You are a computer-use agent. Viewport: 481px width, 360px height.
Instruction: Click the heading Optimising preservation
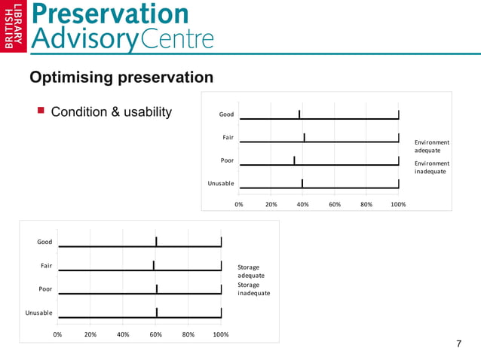click(x=121, y=78)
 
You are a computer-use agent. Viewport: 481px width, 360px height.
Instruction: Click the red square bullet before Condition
click(x=41, y=111)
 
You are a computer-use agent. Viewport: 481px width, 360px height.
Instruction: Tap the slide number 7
click(x=458, y=344)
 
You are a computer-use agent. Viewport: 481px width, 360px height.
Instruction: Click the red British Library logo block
click(x=14, y=28)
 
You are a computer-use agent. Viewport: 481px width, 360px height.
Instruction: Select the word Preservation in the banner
click(x=111, y=14)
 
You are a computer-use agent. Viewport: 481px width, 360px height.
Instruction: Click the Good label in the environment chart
click(x=226, y=114)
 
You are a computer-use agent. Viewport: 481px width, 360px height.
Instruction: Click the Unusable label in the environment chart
click(x=221, y=184)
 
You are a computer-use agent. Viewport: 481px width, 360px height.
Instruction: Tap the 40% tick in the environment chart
click(x=302, y=204)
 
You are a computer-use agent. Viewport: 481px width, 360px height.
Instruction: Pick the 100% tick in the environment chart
click(x=398, y=204)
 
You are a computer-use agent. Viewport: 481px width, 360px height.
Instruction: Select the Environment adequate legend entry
click(x=432, y=146)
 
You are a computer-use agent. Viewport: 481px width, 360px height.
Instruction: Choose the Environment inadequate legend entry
click(x=432, y=167)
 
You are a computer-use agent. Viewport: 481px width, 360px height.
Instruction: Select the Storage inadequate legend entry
click(x=253, y=289)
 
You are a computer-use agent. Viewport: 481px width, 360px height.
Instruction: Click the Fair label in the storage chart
click(x=46, y=265)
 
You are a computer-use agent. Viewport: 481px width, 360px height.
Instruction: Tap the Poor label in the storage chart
click(x=45, y=288)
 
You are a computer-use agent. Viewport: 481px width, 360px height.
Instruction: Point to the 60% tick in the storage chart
click(x=156, y=334)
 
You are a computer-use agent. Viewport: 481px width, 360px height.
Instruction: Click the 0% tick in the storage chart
click(x=57, y=334)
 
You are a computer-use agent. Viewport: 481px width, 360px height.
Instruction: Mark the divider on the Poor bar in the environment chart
click(x=294, y=160)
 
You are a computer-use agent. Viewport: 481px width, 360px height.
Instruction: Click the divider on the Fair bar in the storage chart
click(x=154, y=265)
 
